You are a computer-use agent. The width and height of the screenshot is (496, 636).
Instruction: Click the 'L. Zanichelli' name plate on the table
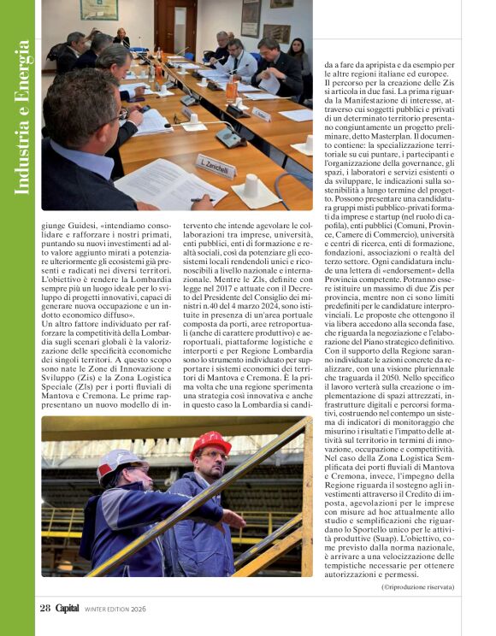pyautogui.click(x=215, y=164)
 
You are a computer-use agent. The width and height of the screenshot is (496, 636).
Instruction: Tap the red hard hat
pyautogui.click(x=210, y=444)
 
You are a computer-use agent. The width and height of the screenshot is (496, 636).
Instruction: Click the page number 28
pyautogui.click(x=44, y=609)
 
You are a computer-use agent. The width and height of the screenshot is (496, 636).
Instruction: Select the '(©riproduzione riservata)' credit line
pyautogui.click(x=418, y=586)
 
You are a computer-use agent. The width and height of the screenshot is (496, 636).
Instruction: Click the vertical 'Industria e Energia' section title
pyautogui.click(x=24, y=107)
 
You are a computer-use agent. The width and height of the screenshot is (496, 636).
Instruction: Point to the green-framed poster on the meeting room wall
pyautogui.click(x=98, y=9)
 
